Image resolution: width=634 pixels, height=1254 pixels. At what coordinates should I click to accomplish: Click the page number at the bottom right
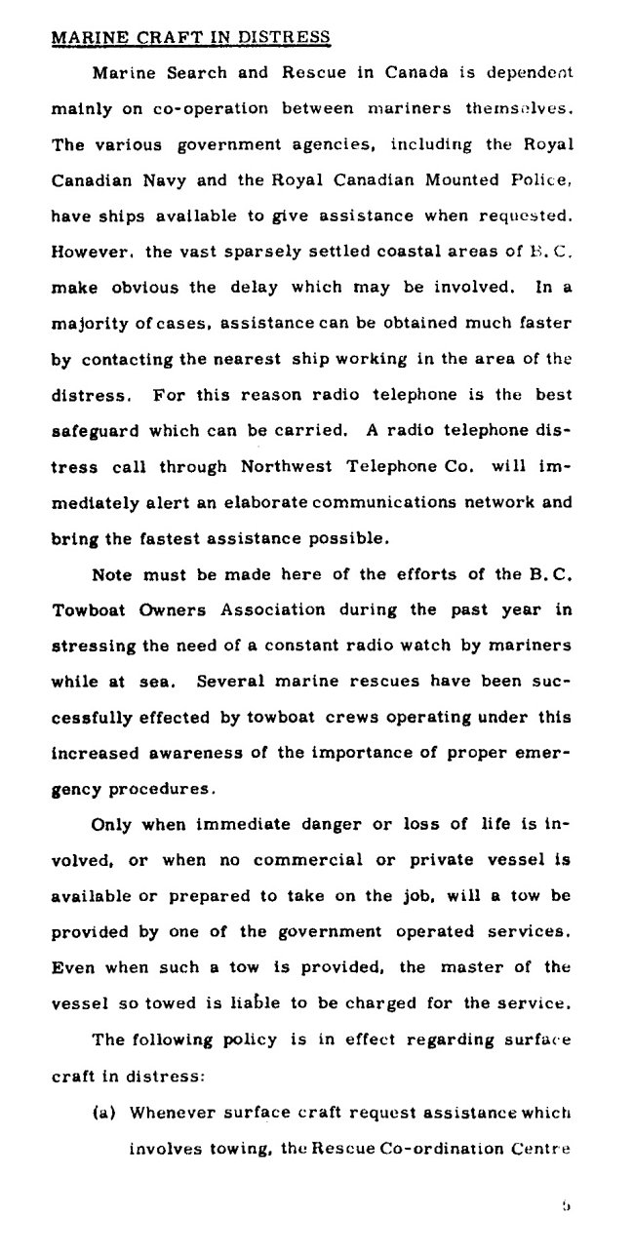[x=566, y=1206]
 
